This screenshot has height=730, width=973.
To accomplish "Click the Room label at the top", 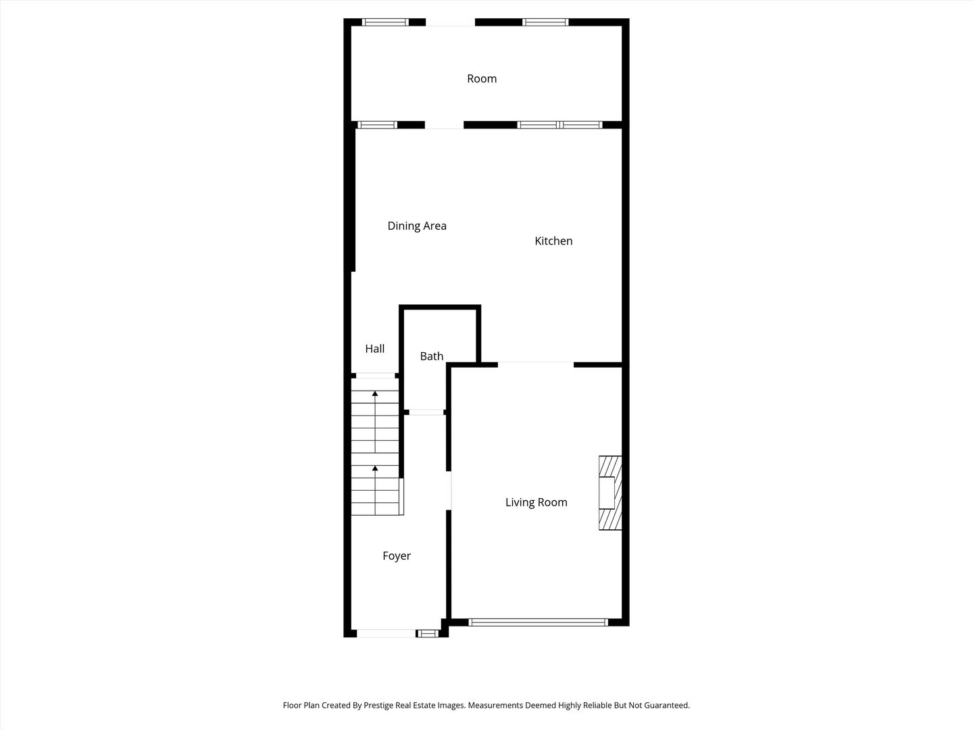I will click(482, 79).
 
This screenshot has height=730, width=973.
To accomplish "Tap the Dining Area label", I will click(417, 226).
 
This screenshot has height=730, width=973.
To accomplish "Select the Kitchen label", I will click(553, 241).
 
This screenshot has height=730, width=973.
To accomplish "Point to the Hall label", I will click(375, 349).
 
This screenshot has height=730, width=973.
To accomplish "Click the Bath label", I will click(432, 356).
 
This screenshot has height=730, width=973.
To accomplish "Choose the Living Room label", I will click(537, 502).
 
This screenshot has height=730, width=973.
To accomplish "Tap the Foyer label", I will click(397, 556).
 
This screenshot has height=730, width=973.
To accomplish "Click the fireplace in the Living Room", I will click(609, 493).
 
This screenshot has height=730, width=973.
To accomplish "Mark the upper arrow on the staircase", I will click(375, 393).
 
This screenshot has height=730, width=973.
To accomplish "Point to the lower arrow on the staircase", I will click(375, 468).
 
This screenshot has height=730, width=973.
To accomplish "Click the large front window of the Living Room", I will click(538, 622).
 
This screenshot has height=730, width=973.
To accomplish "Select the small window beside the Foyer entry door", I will click(427, 633).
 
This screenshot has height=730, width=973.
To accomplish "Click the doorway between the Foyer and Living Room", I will click(449, 490).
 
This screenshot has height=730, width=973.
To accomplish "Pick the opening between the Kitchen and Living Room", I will click(536, 365).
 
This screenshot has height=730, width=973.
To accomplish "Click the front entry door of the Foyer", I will click(386, 633).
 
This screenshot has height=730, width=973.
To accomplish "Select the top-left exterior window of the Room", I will click(385, 22).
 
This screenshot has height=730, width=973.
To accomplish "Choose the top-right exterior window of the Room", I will click(545, 22).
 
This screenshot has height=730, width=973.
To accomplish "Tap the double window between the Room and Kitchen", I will click(559, 125).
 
